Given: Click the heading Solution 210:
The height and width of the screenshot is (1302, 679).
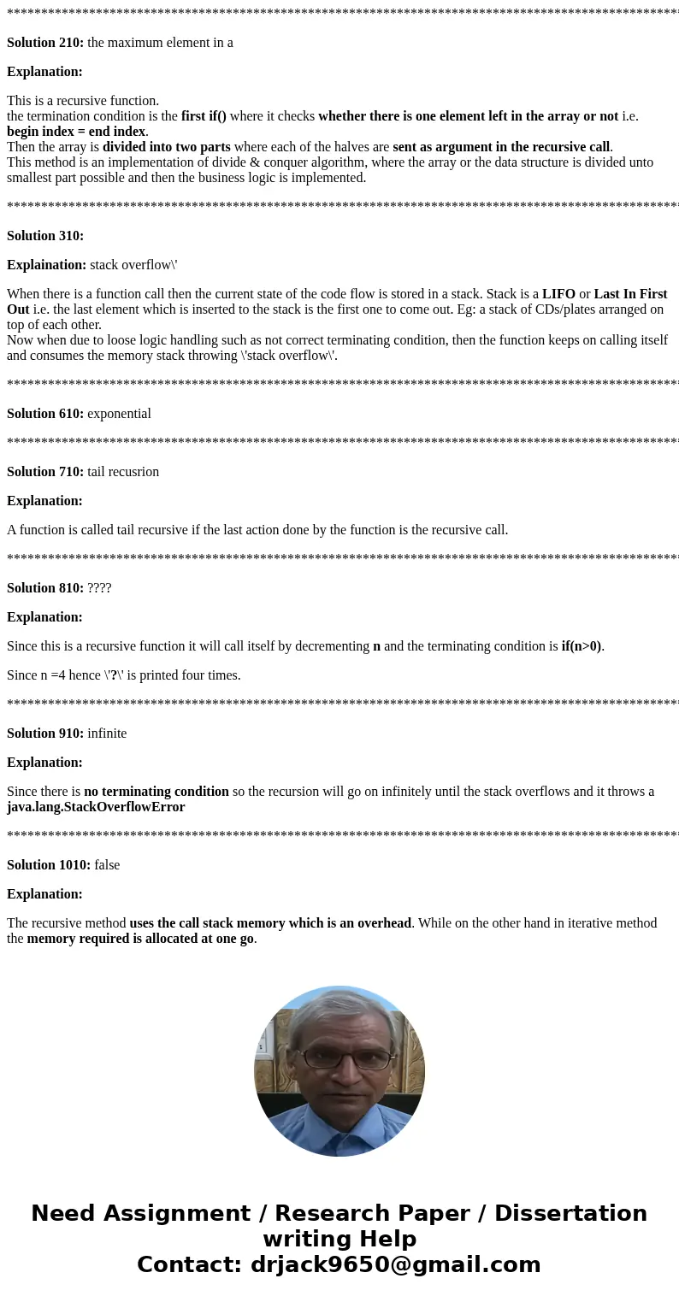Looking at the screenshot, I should [45, 43].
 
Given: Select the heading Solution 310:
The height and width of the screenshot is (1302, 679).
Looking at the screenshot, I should [45, 236].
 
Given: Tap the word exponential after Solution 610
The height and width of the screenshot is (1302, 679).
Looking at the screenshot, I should [119, 414].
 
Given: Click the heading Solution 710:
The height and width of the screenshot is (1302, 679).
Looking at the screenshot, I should [45, 472].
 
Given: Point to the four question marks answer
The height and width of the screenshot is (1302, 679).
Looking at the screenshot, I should [99, 588].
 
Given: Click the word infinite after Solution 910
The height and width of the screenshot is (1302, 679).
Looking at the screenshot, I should [107, 733].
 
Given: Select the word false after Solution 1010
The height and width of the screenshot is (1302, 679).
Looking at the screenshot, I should [107, 865].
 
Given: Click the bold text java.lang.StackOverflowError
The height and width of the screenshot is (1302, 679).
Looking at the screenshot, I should [96, 807].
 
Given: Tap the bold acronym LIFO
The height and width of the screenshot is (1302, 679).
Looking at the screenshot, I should [558, 294].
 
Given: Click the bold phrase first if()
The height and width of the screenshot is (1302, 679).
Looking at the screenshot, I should [204, 116].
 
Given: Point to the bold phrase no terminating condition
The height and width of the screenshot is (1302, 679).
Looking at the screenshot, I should [156, 792].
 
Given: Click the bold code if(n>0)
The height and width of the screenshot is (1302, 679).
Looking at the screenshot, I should [581, 646].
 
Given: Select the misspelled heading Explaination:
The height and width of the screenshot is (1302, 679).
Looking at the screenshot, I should [46, 265].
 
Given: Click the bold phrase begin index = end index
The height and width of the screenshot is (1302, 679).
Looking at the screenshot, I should [76, 132].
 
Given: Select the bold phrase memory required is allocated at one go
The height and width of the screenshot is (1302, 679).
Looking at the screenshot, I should [140, 939].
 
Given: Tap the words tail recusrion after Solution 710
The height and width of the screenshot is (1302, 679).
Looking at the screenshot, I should [123, 472].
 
